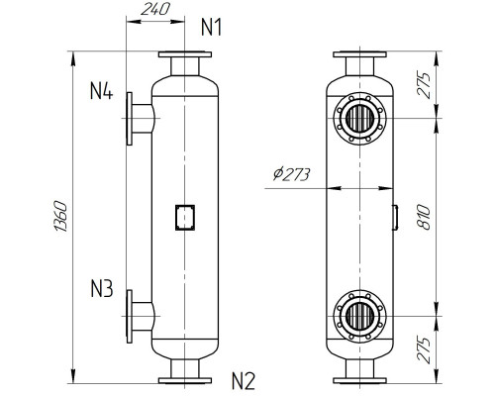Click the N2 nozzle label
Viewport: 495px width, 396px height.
(x=245, y=379)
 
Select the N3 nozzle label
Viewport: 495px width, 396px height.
(x=101, y=290)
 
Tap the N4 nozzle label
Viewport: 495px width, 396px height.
(x=101, y=93)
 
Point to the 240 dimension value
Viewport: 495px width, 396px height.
(x=156, y=9)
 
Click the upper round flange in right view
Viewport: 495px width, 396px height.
(x=361, y=119)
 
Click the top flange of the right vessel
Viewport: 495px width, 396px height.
(x=361, y=55)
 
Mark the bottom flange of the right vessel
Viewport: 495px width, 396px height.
(x=361, y=377)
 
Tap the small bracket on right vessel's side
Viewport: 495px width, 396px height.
(x=397, y=216)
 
